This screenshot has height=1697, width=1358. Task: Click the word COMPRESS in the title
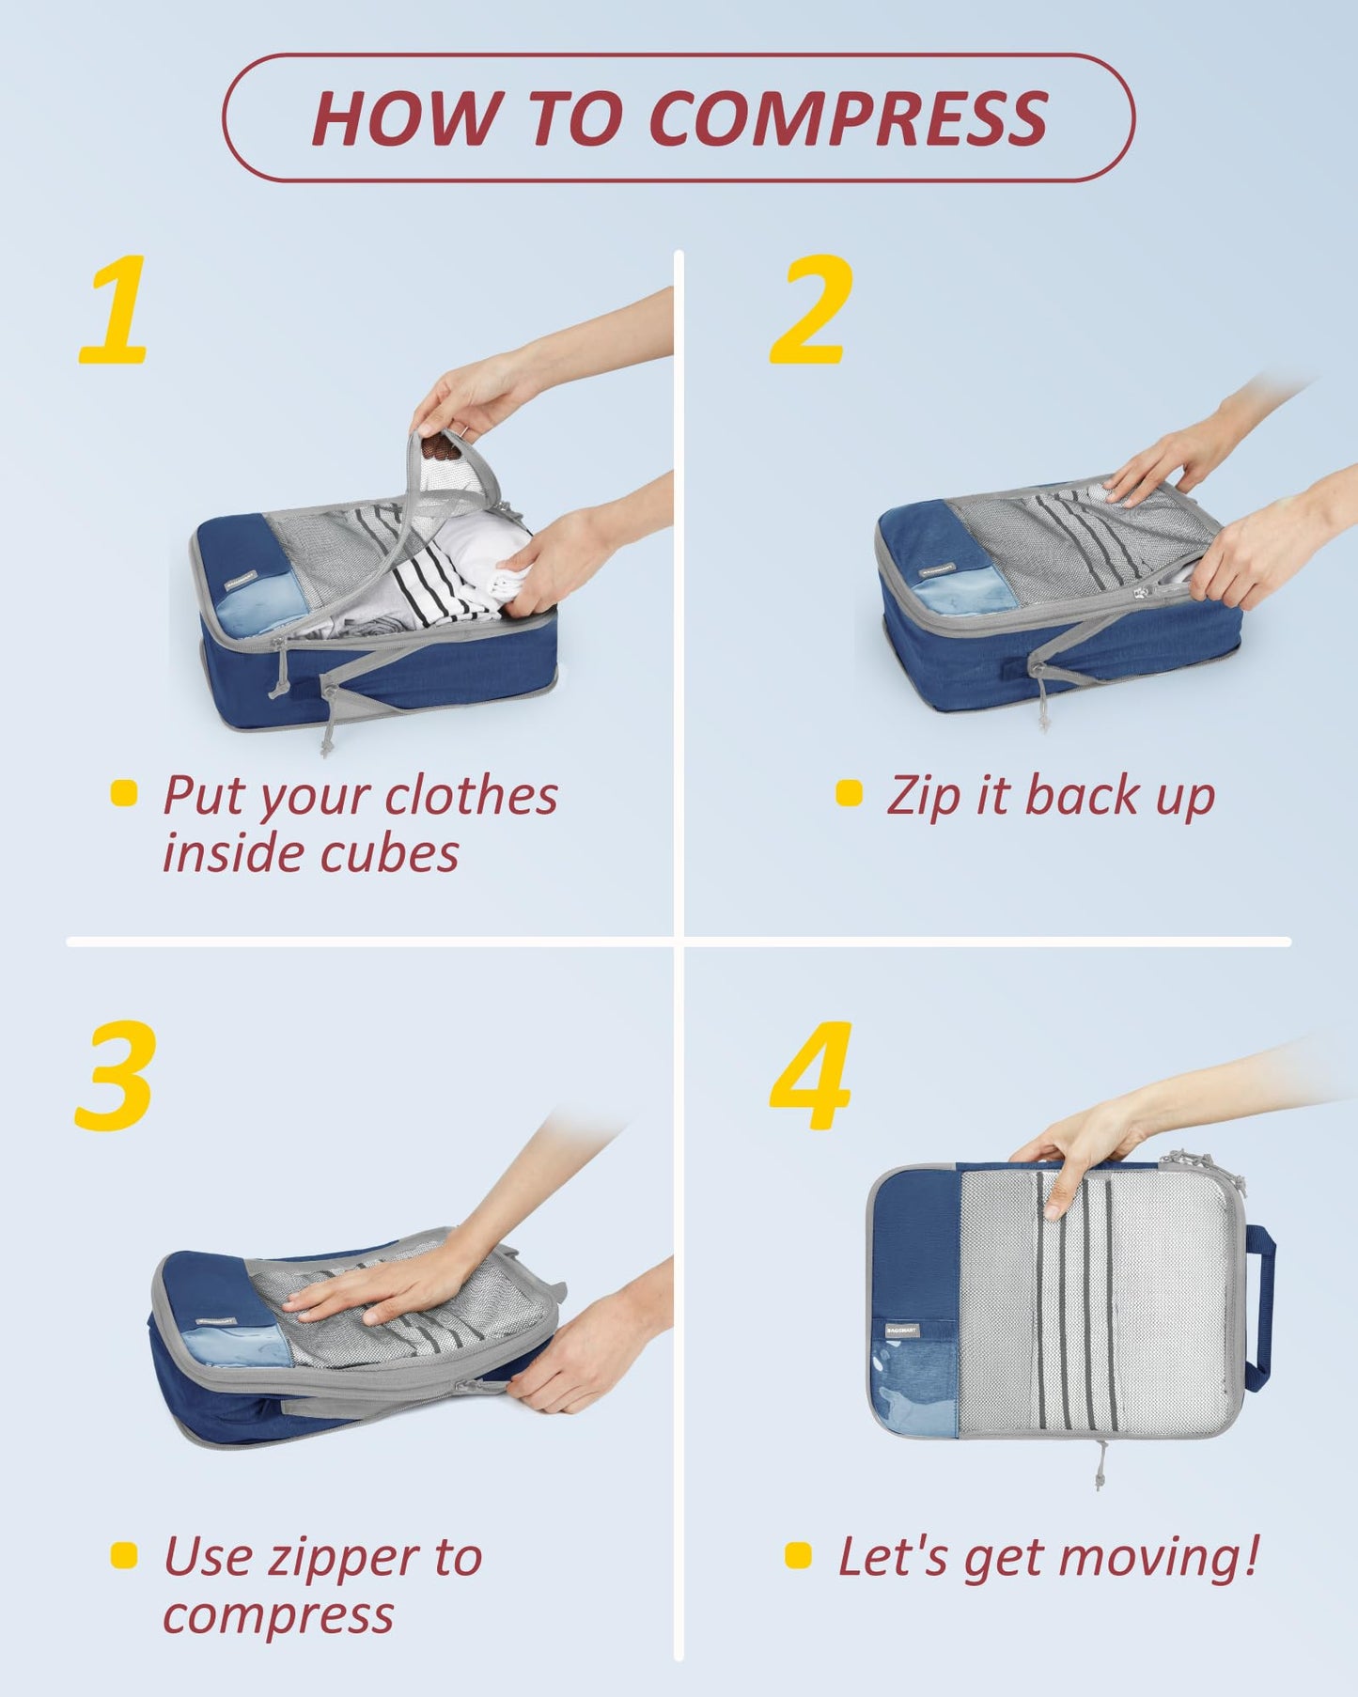(x=848, y=118)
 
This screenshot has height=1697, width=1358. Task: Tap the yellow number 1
(x=115, y=310)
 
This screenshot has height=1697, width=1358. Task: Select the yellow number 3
(x=115, y=1077)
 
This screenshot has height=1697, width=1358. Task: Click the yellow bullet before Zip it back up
(x=849, y=793)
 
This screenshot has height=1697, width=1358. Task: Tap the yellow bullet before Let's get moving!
(x=798, y=1555)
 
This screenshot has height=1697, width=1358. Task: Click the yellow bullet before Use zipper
(x=124, y=1555)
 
